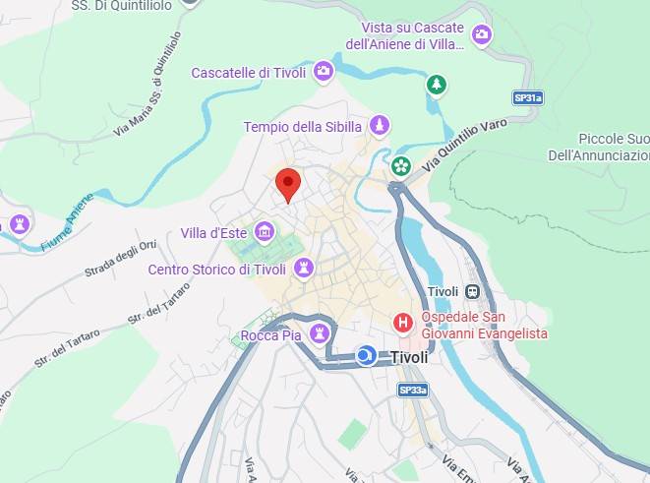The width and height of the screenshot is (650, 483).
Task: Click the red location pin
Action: (287, 184)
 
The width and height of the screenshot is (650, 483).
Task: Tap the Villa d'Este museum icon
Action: (264, 232)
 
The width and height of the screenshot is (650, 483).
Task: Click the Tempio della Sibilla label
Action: (304, 126)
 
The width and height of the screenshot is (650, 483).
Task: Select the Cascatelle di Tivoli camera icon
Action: (323, 72)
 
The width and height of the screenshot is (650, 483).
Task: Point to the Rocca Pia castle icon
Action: (318, 334)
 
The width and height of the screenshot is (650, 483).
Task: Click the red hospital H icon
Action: (402, 322)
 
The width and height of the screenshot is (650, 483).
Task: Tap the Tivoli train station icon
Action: (473, 291)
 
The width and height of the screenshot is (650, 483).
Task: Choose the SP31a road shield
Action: (528, 97)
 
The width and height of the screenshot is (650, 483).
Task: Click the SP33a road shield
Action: (413, 390)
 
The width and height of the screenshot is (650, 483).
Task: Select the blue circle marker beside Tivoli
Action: (366, 355)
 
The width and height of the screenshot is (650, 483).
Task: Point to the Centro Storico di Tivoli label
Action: (216, 270)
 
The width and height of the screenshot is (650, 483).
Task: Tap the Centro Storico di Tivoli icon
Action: (304, 268)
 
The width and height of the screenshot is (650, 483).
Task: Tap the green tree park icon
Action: (436, 85)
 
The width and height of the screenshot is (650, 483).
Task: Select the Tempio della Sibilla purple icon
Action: (380, 126)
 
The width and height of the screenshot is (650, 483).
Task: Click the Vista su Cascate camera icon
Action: (481, 35)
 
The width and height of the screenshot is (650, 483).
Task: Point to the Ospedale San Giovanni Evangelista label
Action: (484, 326)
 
